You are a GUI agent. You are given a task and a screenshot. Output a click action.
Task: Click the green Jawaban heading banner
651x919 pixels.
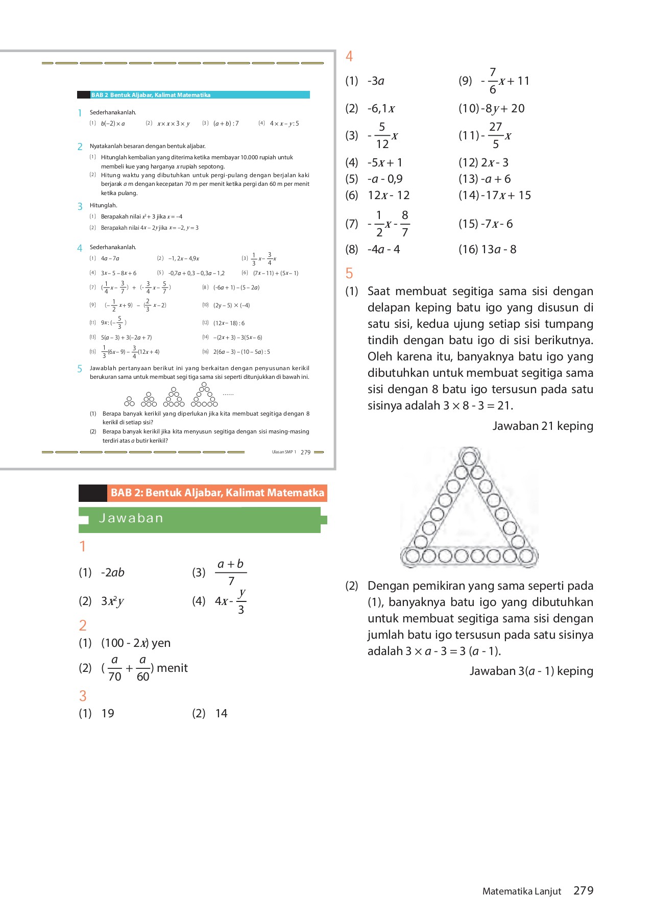(x=199, y=519)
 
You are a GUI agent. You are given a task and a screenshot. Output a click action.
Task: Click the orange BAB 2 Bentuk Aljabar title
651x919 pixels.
(x=217, y=493)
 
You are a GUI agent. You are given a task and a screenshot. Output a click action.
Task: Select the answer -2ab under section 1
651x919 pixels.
(x=113, y=573)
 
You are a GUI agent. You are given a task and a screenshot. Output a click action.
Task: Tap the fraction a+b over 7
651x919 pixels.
(x=231, y=572)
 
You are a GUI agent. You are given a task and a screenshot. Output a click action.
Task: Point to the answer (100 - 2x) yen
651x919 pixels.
(x=136, y=643)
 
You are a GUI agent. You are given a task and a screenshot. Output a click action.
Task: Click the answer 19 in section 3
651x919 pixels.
(x=108, y=714)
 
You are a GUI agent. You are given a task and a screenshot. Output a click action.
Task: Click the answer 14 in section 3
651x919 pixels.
(x=221, y=714)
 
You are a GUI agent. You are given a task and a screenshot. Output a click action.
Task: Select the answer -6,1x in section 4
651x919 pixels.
(x=381, y=109)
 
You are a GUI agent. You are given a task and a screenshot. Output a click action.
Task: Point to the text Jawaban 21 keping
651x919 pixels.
(x=542, y=426)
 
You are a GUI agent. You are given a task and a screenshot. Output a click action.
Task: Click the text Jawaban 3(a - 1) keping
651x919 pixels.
(x=531, y=671)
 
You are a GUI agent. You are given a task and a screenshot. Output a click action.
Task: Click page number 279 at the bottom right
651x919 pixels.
(x=583, y=891)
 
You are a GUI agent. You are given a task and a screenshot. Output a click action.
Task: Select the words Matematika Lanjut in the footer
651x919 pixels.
(x=521, y=891)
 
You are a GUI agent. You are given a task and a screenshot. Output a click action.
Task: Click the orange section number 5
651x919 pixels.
(x=349, y=274)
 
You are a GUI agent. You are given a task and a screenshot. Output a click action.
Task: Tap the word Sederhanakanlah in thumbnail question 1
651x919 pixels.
(x=113, y=112)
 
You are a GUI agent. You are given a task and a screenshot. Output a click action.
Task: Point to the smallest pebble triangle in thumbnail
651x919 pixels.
(x=130, y=401)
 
